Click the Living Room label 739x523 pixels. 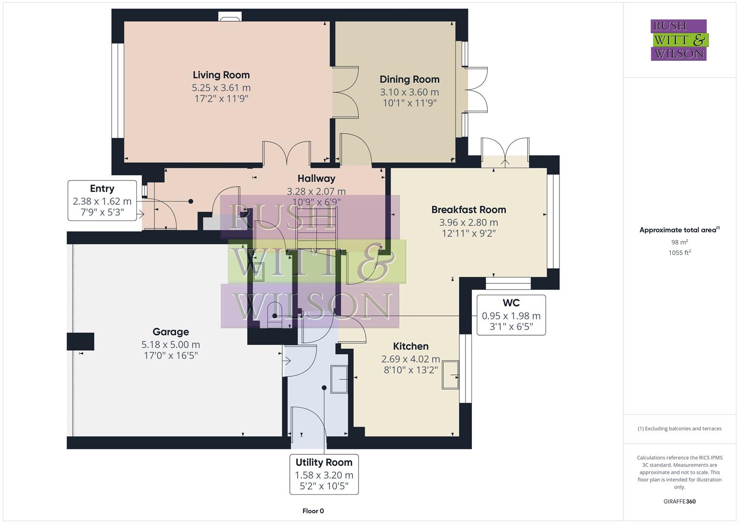coord(221,75)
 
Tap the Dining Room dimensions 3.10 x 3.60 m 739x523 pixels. coord(409,92)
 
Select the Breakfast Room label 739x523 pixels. coord(468,210)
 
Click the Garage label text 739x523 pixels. coord(170,332)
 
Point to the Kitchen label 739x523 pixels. coord(410,346)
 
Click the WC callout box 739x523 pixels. coord(511,315)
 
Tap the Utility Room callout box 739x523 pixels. coord(324,474)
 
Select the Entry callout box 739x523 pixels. coord(102,200)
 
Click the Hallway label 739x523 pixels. coord(316,179)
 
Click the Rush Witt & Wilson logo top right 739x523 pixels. coord(679,40)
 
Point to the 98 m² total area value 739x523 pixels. coord(679,242)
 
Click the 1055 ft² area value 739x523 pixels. coord(679,252)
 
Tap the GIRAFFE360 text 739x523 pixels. coord(679,501)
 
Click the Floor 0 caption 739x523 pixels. coord(313,511)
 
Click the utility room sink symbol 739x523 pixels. coord(339,379)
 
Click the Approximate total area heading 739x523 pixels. coord(679,230)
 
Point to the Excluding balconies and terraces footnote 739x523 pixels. coord(679,429)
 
